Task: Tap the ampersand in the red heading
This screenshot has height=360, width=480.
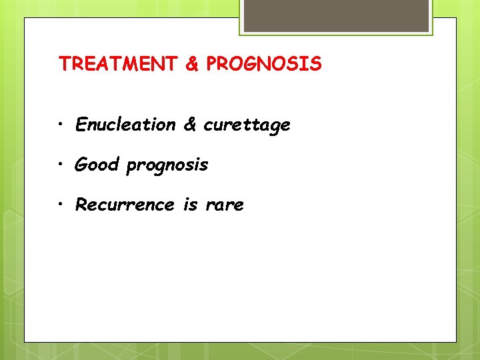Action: pyautogui.click(x=192, y=64)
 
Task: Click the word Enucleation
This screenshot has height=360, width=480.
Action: pyautogui.click(x=125, y=125)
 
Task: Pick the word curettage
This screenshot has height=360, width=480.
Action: pyautogui.click(x=247, y=125)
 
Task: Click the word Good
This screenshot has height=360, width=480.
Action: pyautogui.click(x=97, y=164)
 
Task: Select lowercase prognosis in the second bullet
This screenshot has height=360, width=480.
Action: pyautogui.click(x=167, y=165)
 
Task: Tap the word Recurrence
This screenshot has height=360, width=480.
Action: pyautogui.click(x=125, y=205)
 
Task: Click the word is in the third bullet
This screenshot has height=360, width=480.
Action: pyautogui.click(x=191, y=205)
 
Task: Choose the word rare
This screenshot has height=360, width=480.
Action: pyautogui.click(x=225, y=205)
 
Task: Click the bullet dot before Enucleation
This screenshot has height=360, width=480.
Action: pyautogui.click(x=61, y=125)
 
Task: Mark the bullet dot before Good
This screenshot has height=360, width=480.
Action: pyautogui.click(x=61, y=165)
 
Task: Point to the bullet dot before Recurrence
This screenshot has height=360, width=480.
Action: pyautogui.click(x=61, y=205)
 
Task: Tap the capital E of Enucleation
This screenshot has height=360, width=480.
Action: pyautogui.click(x=81, y=125)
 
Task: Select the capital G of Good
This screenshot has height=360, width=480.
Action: pyautogui.click(x=81, y=164)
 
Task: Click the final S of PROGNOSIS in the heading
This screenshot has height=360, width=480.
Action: pyautogui.click(x=315, y=64)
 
